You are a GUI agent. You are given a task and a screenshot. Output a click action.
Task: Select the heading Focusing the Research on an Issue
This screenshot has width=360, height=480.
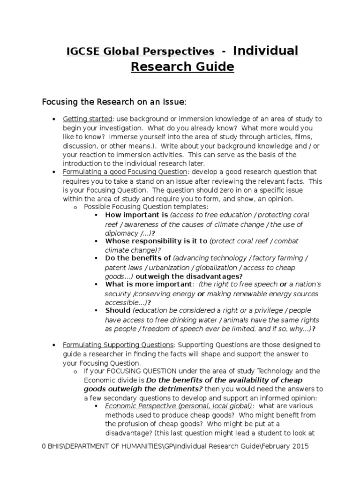coord(114,102)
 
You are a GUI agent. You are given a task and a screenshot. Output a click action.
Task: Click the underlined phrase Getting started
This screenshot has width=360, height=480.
coord(88,119)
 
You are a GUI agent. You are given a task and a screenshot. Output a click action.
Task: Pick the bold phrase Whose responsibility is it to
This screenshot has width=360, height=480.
coord(156,241)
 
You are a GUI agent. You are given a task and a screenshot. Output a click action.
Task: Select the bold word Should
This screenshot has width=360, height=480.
coord(118,310)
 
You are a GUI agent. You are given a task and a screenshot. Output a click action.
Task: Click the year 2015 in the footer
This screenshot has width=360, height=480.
coord(300,447)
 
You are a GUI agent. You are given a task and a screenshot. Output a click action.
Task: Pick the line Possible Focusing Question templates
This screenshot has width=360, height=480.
coord(146,206)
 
